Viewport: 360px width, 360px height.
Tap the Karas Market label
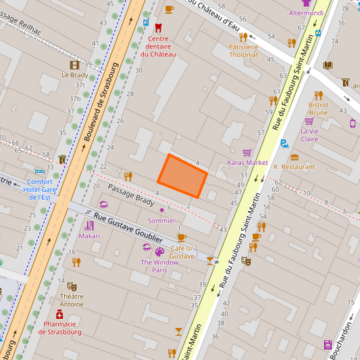coord(247,163)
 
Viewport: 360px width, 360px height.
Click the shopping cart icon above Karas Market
coord(247,153)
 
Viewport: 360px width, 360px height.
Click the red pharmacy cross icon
coord(59,315)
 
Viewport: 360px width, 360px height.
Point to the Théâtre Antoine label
coord(72,300)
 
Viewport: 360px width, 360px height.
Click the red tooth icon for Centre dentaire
coord(159,28)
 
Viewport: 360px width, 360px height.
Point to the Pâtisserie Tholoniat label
coord(243,51)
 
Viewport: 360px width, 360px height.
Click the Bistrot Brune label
coord(318,109)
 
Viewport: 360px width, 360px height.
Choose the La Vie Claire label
coord(309,135)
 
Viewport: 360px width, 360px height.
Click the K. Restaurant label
coord(294,166)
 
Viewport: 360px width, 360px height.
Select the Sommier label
coord(161,220)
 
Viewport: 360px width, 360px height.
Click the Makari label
coord(89,236)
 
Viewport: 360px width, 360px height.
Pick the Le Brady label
coord(74,75)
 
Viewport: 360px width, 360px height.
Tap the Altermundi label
coord(306,13)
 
